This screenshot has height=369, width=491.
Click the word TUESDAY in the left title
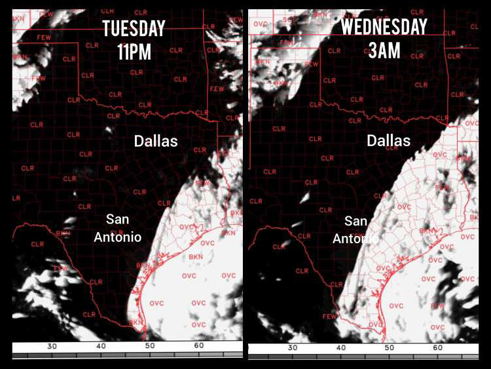click(x=133, y=29)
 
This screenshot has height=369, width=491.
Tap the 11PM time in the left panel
click(x=134, y=51)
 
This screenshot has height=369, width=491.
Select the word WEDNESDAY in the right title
click(x=384, y=28)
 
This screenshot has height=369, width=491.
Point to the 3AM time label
click(x=384, y=50)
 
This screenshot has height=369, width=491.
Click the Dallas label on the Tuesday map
click(x=156, y=141)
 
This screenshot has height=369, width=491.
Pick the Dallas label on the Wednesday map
click(x=388, y=141)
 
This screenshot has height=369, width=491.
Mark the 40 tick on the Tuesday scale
click(x=101, y=345)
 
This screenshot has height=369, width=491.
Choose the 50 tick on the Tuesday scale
click(x=150, y=345)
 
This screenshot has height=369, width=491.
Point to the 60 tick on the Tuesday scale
click(x=198, y=345)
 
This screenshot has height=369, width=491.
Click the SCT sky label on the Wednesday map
click(x=289, y=21)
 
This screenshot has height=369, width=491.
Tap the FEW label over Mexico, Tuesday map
click(x=61, y=268)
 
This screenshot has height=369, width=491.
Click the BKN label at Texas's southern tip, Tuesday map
click(x=136, y=322)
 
